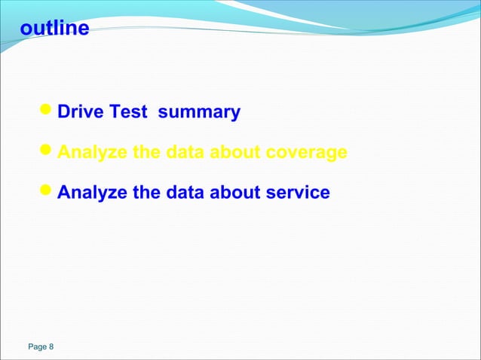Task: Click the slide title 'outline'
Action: tap(54, 29)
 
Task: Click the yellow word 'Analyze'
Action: tap(92, 153)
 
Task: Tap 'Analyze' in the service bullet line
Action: tap(92, 193)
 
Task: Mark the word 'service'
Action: tap(298, 193)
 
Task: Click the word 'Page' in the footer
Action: tap(36, 347)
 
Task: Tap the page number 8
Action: tap(51, 347)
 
